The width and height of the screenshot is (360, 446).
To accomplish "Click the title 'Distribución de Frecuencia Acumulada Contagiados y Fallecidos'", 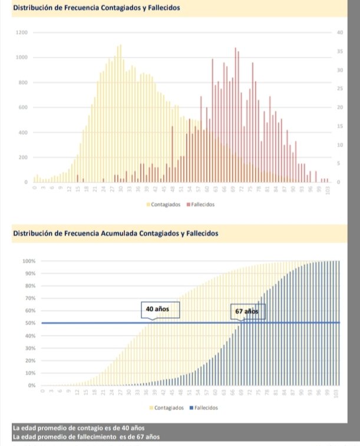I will click(x=115, y=233).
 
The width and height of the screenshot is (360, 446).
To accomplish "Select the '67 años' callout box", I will click(x=247, y=311).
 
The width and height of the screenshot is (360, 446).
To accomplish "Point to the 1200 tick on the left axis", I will click(x=22, y=32).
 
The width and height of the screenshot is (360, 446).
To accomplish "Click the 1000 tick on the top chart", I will click(x=22, y=57).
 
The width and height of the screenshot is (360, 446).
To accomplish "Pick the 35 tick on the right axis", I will click(x=340, y=51).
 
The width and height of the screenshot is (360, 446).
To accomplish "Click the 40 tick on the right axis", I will click(x=340, y=32).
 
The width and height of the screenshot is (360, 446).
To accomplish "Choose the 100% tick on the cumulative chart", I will click(x=29, y=261).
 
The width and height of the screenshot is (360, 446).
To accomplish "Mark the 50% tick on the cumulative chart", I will click(x=30, y=323).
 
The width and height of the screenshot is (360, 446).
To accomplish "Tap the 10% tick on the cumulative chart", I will click(x=30, y=373).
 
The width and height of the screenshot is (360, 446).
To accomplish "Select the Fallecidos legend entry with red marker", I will click(x=202, y=204).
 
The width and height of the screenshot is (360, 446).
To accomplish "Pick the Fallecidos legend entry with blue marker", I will click(x=204, y=408).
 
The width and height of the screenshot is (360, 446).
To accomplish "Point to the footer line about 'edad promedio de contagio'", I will click(x=79, y=427).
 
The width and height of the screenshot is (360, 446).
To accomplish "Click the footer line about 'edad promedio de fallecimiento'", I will click(x=86, y=437).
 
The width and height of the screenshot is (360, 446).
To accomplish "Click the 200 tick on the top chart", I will click(x=23, y=157).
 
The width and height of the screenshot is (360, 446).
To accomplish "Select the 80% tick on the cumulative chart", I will click(x=30, y=286).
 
